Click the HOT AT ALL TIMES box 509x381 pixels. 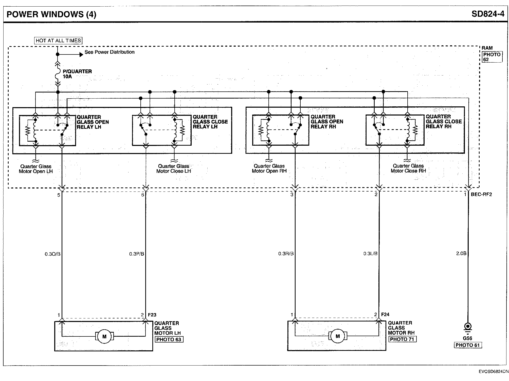[58, 41]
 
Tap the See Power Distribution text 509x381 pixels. [109, 52]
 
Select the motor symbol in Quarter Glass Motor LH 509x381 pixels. [104, 337]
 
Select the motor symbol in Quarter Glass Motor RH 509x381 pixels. [337, 336]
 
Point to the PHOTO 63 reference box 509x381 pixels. [169, 339]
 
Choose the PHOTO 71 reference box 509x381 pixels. [402, 339]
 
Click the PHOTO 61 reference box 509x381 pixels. [468, 345]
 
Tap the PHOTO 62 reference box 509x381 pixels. [492, 57]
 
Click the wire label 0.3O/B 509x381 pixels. [52, 254]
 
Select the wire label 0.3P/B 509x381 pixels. [137, 254]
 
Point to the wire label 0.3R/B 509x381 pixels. [286, 254]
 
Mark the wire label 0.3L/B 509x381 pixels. [370, 254]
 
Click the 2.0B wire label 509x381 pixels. [461, 253]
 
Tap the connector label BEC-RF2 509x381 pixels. [481, 195]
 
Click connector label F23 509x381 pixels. [152, 315]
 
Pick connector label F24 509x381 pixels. [385, 315]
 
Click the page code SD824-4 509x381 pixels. [488, 14]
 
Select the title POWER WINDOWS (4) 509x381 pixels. [51, 14]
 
